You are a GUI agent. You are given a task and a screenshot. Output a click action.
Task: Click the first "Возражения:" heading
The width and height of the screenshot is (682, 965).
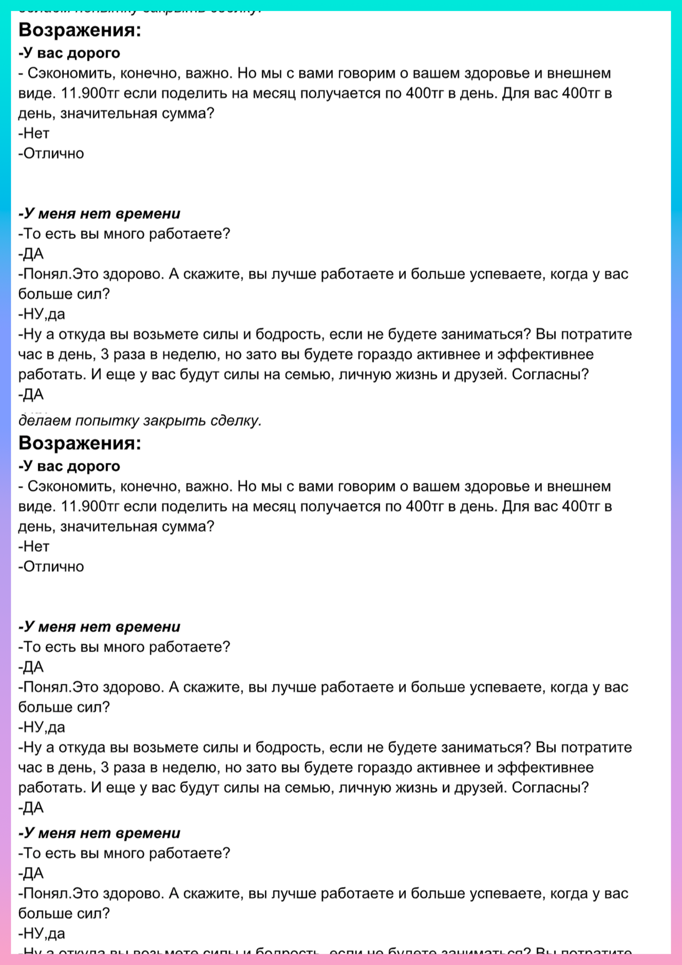point(80,30)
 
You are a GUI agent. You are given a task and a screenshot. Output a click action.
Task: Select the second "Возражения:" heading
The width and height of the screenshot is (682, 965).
point(80,443)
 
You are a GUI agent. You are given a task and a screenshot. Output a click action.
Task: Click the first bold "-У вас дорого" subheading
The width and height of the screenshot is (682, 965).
point(69,53)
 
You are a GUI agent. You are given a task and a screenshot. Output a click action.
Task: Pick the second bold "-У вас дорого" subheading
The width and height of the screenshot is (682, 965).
point(69,466)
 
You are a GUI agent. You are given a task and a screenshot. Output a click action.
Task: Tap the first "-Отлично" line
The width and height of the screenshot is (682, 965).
point(51,154)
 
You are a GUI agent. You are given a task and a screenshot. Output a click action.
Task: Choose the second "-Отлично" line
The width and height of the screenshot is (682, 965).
point(51,567)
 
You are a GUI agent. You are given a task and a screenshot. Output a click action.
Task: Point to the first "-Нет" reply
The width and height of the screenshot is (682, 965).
point(34,133)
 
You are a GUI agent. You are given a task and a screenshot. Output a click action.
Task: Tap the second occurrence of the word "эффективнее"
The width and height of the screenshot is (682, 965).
point(546,768)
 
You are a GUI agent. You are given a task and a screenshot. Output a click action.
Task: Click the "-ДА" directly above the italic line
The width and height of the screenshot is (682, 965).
point(31,394)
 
